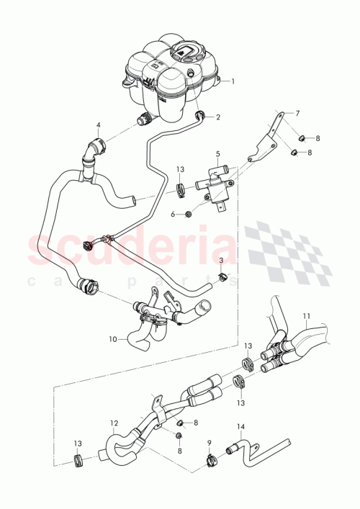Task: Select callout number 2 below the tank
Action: point(218,116)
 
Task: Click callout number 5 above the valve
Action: point(219,154)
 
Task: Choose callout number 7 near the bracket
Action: point(296,114)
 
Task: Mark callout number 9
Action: point(208,443)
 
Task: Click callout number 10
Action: point(114,337)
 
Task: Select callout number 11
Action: point(306,315)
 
